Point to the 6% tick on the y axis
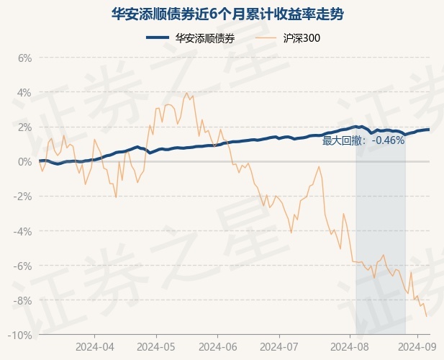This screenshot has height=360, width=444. click(x=24, y=58)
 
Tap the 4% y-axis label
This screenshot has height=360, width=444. click(x=24, y=92)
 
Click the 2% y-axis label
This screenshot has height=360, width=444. click(x=24, y=127)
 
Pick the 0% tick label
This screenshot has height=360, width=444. click(x=24, y=161)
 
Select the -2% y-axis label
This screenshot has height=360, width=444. click(x=23, y=196)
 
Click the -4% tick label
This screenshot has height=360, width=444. click(x=23, y=230)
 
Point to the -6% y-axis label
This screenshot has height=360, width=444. click(x=23, y=266)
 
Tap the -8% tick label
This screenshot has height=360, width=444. click(x=23, y=300)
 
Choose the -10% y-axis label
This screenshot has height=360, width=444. click(x=21, y=335)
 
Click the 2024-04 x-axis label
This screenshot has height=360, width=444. click(x=95, y=346)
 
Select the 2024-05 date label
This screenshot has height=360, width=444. click(x=157, y=346)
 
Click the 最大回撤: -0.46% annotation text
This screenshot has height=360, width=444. click(x=363, y=141)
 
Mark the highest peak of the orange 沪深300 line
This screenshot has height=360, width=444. click(x=187, y=92)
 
